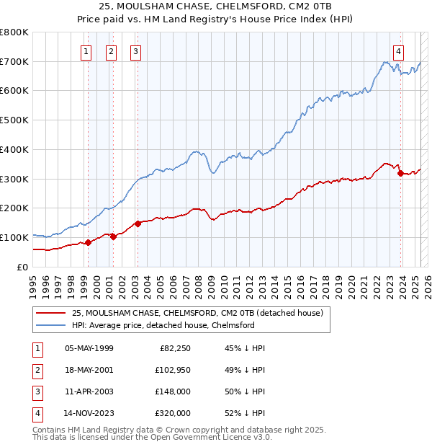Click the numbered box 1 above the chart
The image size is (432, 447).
[x=86, y=51]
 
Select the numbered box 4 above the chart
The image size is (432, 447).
[x=398, y=51]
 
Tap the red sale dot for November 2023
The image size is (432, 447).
[x=400, y=173]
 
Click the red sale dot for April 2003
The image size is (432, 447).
[x=138, y=223]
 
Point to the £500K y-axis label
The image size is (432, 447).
[x=14, y=120]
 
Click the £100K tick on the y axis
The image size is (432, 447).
[x=14, y=237]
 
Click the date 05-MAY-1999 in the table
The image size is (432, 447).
[x=89, y=348]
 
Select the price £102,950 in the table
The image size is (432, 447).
[x=171, y=370]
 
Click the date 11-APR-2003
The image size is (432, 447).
[x=89, y=391]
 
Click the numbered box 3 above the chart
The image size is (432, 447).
[x=135, y=51]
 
